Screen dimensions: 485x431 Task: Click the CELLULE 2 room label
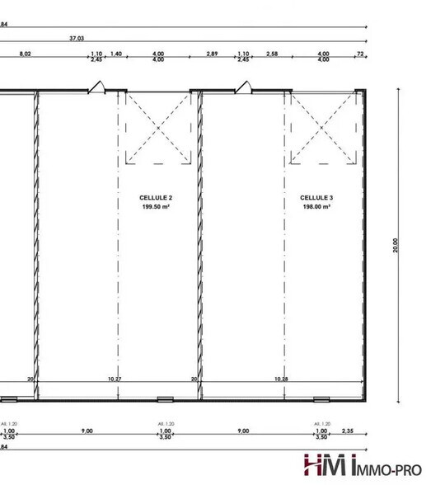156,199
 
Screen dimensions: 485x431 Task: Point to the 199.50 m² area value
156,207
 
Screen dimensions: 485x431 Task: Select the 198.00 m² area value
316,207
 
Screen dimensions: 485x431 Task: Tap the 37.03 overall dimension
78,38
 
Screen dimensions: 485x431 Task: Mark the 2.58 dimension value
272,54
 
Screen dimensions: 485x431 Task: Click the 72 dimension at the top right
359,54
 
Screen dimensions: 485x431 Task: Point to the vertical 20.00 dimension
396,245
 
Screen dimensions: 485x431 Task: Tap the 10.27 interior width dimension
115,379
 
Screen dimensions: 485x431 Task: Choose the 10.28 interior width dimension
281,379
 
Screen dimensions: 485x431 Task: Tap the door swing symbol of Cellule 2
97,86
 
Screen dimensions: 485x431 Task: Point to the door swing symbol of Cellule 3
242,86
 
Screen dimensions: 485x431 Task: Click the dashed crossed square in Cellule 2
157,128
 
